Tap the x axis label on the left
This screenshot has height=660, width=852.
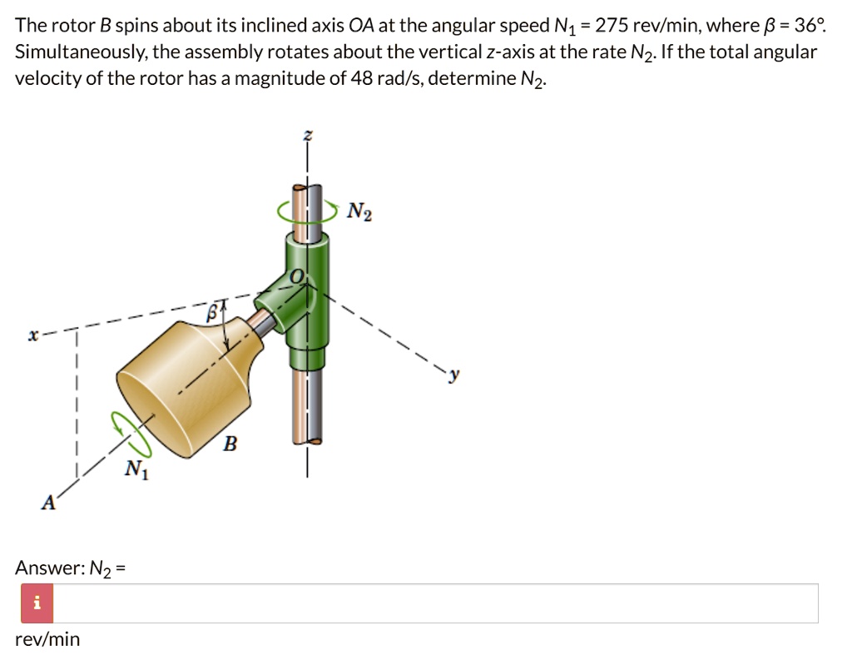point(32,336)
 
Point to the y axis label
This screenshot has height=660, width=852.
point(454,377)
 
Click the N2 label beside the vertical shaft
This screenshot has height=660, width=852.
point(360,212)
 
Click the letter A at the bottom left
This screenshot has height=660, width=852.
point(49,503)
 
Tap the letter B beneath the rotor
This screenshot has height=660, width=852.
point(230,444)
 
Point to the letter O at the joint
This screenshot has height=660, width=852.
point(295,275)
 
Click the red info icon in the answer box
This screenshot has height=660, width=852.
point(36,603)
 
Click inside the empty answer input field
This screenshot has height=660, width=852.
point(433,603)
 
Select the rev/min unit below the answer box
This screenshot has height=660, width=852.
point(47,639)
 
